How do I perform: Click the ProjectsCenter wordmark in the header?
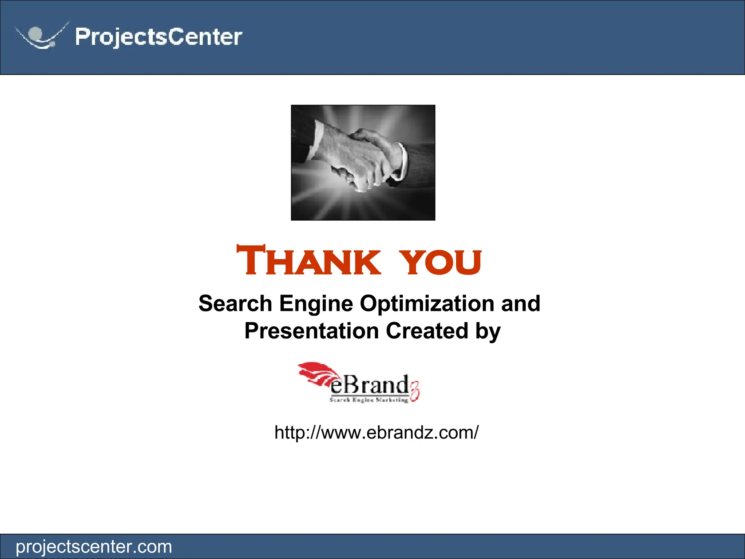pos(159,37)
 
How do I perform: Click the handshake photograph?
pos(363,162)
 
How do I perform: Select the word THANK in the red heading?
pos(308,261)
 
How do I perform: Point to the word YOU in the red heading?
pos(441,262)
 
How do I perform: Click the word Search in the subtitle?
pos(235,304)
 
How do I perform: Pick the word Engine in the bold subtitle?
pos(316,304)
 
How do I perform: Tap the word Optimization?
pos(427,304)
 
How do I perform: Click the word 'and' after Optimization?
pos(521,304)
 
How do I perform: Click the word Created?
pos(427,331)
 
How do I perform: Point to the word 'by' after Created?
pos(488,332)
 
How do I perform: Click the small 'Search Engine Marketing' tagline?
pos(369,400)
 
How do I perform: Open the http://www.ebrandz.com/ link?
pos(377,432)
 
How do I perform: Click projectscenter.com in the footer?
pos(94,547)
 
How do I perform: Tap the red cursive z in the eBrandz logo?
pos(415,393)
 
